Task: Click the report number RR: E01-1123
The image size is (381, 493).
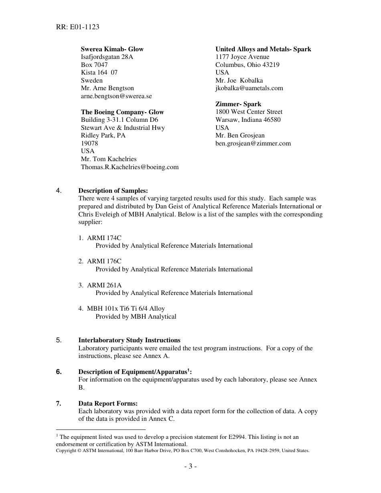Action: click(77, 27)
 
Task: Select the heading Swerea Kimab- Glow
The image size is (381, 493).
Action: click(112, 49)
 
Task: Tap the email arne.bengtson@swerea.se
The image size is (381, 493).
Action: click(116, 96)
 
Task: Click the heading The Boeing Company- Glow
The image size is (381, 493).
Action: click(122, 112)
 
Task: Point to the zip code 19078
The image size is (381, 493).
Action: click(89, 143)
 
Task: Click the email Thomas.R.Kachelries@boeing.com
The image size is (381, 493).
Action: click(130, 167)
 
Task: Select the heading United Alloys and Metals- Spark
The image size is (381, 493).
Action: click(263, 49)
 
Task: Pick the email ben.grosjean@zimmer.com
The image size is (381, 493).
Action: click(253, 143)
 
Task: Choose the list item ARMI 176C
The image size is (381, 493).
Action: click(104, 261)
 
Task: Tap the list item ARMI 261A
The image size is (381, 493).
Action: click(104, 285)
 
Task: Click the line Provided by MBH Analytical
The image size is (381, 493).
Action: click(136, 317)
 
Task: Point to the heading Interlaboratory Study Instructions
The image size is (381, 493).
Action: click(129, 340)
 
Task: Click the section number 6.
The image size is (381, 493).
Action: click(59, 372)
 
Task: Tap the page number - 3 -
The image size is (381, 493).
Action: click(190, 467)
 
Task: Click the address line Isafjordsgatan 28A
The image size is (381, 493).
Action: click(107, 57)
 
